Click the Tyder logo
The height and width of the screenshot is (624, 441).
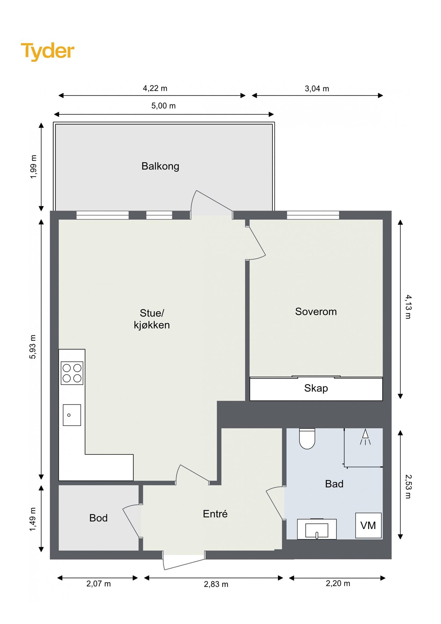coord(48,51)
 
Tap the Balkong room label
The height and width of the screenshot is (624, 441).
coord(160,166)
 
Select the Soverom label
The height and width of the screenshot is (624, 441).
coord(316,311)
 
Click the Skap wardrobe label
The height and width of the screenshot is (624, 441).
coord(316,388)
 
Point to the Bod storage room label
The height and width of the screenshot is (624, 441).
coord(98,518)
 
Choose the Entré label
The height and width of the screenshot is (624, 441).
coord(215,514)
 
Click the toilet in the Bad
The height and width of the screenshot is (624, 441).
coord(307,438)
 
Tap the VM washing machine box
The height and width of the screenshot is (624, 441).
coord(368,525)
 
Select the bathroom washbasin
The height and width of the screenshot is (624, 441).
coord(317,530)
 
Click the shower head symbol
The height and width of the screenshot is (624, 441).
coord(365,437)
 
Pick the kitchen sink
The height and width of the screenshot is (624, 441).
coord(72,415)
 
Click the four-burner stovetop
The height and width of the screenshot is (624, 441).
coord(72,373)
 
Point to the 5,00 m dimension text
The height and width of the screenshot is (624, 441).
coord(164,106)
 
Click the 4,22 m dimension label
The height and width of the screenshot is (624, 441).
coord(155,88)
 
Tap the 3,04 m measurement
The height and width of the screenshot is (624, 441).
coord(317,89)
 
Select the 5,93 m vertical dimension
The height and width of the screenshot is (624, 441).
coord(33,347)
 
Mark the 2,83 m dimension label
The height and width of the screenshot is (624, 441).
coord(216,584)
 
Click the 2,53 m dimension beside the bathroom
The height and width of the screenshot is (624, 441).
coord(408,486)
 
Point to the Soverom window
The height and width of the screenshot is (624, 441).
coord(313,215)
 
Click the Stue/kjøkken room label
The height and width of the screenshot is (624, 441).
coord(152,319)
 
